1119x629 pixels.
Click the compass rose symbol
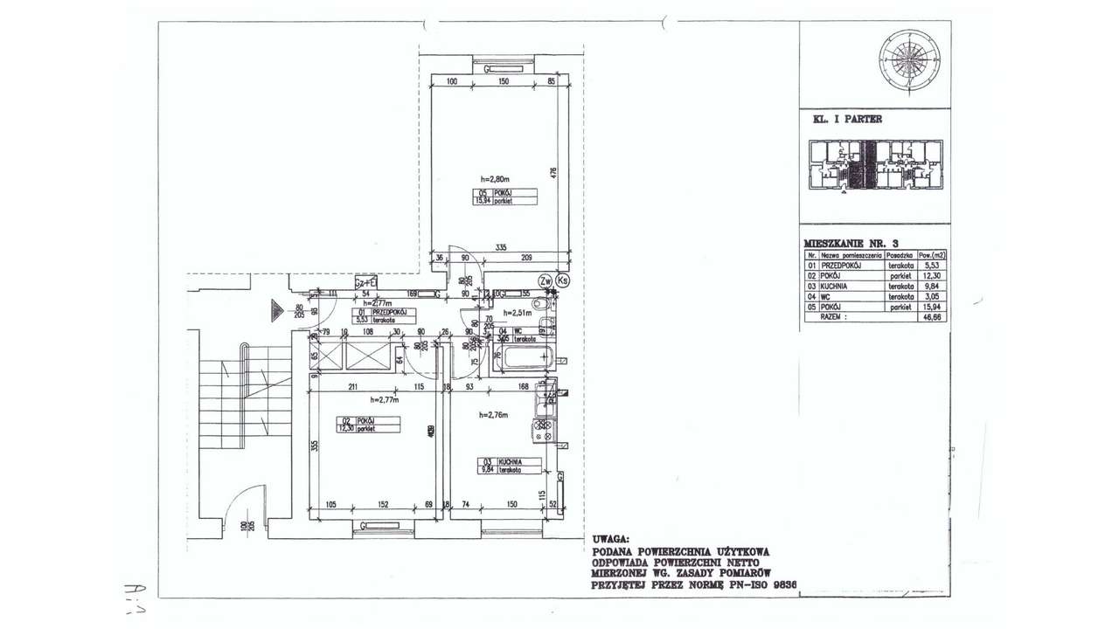point(912,60)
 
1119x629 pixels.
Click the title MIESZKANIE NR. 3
point(851,242)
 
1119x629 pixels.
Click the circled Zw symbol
point(545,280)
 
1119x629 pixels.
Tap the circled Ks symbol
point(562,280)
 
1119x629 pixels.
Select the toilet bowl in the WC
point(545,303)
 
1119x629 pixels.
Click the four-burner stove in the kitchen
point(543,429)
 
